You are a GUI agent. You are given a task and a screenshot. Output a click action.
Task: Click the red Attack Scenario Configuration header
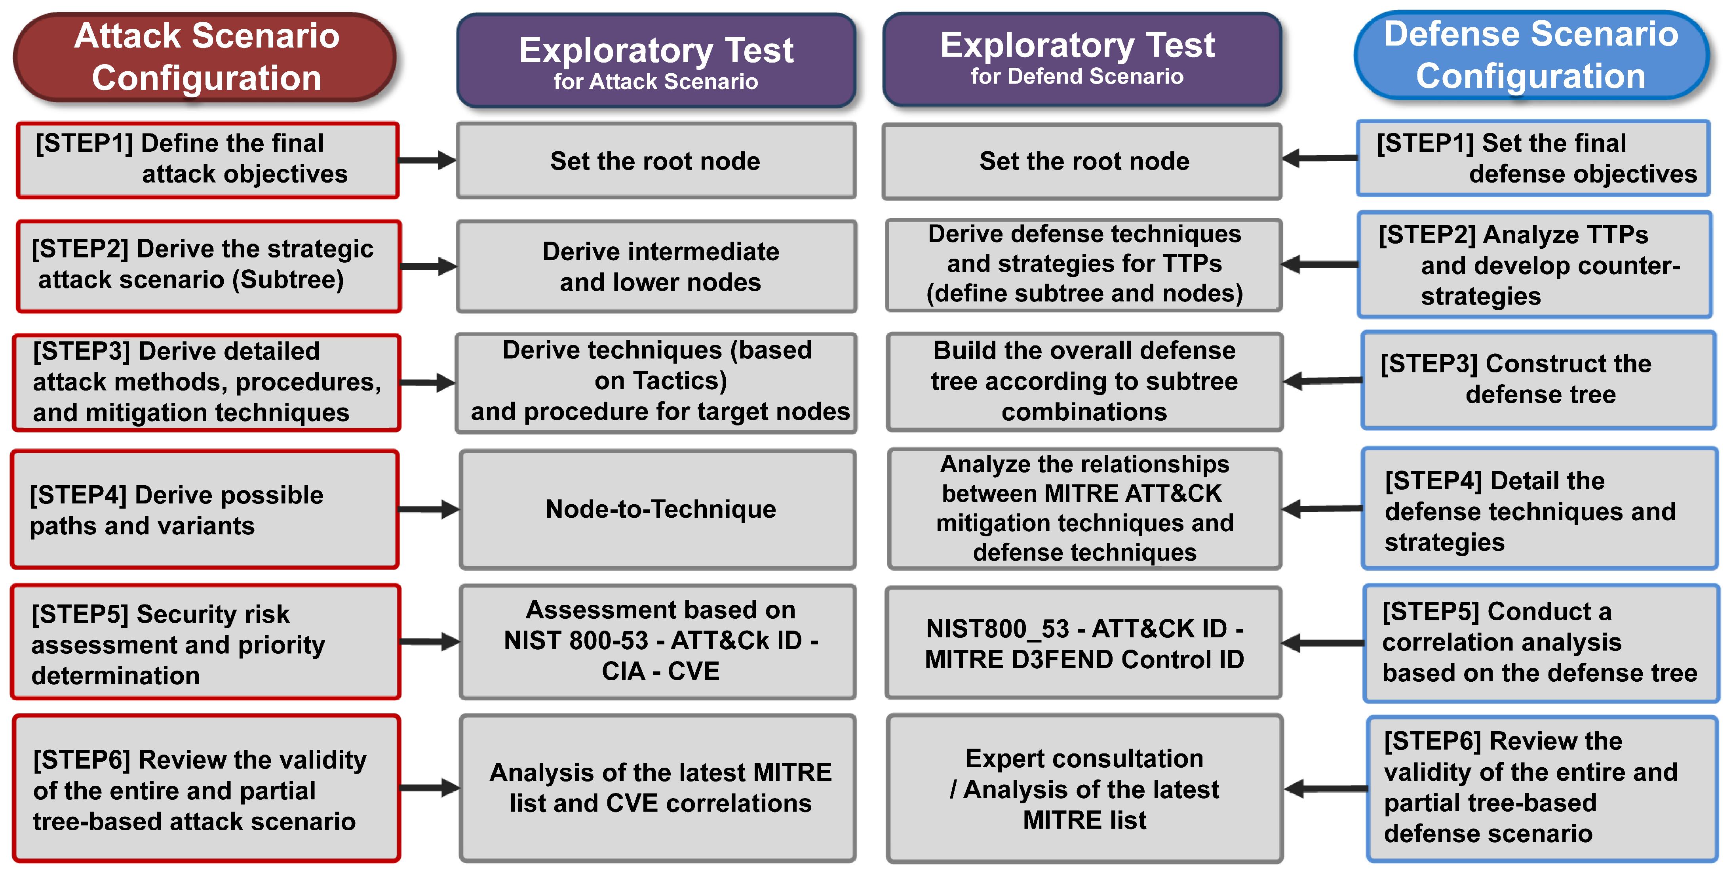click(x=205, y=57)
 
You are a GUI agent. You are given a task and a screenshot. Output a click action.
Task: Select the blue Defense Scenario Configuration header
click(x=1531, y=55)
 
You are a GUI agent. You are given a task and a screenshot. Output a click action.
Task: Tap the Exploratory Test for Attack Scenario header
click(x=656, y=61)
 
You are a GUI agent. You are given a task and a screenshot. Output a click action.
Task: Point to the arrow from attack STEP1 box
click(x=427, y=160)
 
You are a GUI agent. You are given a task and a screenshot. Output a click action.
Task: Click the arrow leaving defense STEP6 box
click(x=1324, y=788)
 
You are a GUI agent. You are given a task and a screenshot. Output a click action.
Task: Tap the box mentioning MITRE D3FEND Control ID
click(x=1084, y=643)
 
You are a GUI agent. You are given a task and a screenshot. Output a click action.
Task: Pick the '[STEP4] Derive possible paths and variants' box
click(x=205, y=509)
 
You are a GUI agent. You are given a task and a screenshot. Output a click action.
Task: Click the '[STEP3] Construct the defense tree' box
click(x=1538, y=379)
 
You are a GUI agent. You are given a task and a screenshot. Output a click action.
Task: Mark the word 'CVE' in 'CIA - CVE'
click(x=693, y=671)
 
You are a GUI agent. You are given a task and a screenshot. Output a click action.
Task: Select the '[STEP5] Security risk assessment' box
click(x=205, y=643)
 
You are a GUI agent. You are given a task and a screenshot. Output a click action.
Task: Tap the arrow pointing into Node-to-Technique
click(x=429, y=509)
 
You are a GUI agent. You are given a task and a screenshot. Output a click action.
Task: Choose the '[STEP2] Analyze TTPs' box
click(x=1534, y=265)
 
